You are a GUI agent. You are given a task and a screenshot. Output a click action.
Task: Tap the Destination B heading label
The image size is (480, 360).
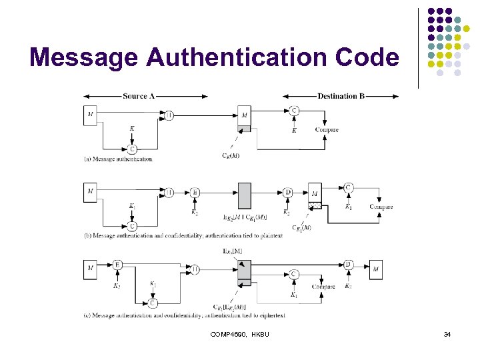pos(341,96)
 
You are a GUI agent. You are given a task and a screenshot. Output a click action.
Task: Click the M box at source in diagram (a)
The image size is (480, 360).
pos(90,115)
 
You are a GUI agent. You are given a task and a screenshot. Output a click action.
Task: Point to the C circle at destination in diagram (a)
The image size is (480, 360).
pos(294,110)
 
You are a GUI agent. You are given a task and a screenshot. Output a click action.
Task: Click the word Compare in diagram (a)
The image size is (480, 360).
pos(327,130)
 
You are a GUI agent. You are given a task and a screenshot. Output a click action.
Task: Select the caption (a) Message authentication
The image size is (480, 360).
pos(119,159)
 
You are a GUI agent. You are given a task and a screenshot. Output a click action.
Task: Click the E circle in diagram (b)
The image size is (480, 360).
pos(195,193)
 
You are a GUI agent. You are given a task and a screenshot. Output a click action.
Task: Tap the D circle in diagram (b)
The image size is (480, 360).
pos(287,193)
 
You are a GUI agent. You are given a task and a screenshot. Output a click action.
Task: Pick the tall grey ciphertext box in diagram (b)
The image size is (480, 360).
pos(244,196)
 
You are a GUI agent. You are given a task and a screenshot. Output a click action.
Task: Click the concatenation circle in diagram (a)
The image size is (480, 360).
pos(169,115)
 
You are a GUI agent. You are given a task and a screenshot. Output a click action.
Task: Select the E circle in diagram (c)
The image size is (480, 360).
pos(117,265)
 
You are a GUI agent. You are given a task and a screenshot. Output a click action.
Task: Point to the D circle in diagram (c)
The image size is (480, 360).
pos(348,265)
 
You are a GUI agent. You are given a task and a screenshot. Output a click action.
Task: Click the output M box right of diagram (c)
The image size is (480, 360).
pos(376,269)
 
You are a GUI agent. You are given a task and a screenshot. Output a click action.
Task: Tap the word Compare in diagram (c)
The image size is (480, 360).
pos(323,287)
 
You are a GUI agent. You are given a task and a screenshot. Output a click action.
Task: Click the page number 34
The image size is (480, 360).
pos(447,334)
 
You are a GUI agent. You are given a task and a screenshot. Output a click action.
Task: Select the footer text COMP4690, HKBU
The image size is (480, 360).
pos(240,334)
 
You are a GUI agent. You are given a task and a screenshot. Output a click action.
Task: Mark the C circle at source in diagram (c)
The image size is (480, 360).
pos(153,303)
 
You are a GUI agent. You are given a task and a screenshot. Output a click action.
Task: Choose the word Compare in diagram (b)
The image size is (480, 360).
pos(381,207)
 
